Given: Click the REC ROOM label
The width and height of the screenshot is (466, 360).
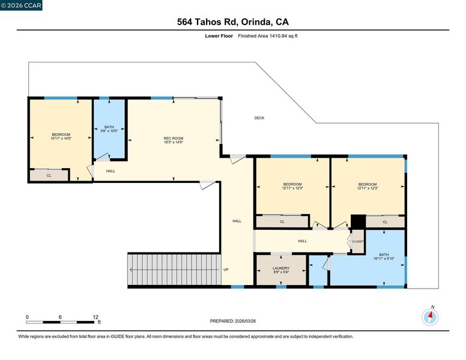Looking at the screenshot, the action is (x=174, y=138).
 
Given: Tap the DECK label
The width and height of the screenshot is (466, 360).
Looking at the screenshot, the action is (x=259, y=118).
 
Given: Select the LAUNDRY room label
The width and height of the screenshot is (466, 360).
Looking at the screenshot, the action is (x=281, y=268).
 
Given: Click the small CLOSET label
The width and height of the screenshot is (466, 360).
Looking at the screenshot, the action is (x=358, y=241).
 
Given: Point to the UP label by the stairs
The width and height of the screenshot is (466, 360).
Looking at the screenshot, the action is (x=226, y=270).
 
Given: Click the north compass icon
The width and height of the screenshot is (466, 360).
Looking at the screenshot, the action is (x=430, y=317).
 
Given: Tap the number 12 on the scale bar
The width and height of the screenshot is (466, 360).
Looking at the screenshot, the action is (x=95, y=317).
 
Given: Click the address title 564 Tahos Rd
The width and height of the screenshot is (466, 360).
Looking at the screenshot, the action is (x=207, y=22).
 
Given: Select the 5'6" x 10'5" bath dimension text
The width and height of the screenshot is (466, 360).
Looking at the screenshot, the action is (x=109, y=131).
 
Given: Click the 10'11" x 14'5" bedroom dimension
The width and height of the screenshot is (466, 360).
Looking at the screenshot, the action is (x=61, y=139).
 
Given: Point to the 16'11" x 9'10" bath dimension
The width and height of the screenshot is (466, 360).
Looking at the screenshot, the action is (x=384, y=259).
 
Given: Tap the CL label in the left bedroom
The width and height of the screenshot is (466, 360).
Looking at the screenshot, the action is (x=49, y=176).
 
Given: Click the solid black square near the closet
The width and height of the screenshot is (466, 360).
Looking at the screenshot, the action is (x=358, y=221).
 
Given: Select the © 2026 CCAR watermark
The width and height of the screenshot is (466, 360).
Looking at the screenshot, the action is (x=21, y=5).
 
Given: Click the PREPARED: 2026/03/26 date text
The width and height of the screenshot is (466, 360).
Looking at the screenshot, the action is (x=233, y=321).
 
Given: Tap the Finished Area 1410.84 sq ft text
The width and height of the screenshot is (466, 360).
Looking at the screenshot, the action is (x=268, y=36).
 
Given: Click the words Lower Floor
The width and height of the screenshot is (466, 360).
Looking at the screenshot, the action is (x=219, y=36).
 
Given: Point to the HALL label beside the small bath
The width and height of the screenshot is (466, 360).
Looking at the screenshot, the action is (x=110, y=171).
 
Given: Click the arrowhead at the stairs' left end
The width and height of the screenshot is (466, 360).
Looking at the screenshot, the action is (x=131, y=270).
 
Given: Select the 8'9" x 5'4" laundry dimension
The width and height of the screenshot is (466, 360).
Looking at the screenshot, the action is (x=281, y=272).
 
